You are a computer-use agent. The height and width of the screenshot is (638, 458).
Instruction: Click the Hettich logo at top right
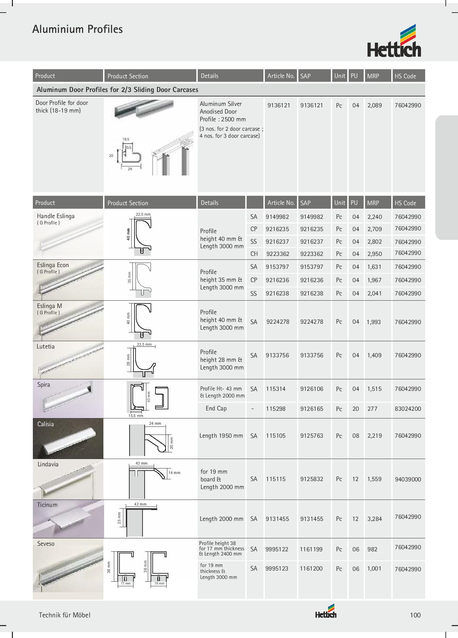[x=394, y=41]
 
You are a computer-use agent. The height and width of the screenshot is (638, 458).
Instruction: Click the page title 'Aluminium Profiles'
[x=77, y=29]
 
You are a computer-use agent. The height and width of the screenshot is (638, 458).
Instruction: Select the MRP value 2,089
[x=375, y=105]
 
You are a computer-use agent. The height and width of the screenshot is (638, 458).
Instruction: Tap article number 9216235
[x=277, y=229]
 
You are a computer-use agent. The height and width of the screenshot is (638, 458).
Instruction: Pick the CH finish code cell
[x=254, y=254]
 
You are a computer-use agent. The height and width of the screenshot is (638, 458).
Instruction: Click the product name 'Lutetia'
[x=46, y=346]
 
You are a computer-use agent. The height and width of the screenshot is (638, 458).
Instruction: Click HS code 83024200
[x=408, y=408]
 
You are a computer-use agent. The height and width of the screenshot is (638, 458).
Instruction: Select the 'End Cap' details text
[x=216, y=408]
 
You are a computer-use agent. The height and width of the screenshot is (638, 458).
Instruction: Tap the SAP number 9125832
[x=312, y=479]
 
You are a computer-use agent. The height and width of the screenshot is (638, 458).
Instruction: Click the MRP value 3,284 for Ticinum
[x=375, y=519]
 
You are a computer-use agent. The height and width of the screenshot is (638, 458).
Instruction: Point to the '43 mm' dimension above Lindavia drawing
[x=141, y=463]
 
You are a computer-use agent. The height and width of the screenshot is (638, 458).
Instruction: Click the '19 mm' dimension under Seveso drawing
[x=159, y=583]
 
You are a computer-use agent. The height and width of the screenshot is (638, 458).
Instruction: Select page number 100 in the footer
[x=415, y=615]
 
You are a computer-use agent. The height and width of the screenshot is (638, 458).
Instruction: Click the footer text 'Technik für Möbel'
[x=64, y=615]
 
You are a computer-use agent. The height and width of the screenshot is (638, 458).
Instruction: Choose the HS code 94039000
[x=408, y=479]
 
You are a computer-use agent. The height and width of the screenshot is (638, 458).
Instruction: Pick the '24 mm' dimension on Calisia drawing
[x=155, y=423]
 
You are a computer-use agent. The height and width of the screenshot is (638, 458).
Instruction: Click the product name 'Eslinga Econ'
[x=53, y=265]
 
